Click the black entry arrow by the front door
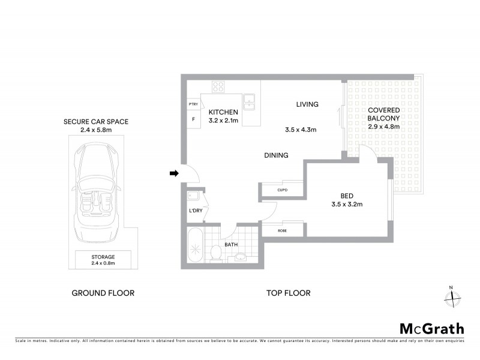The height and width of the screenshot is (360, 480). coord(174,174)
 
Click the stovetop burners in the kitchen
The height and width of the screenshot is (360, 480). coord(218,88)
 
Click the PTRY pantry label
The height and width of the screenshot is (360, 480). coord(193,104)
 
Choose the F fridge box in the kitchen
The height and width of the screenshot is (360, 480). coord(193,119)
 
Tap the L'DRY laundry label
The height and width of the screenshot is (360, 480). coord(195,211)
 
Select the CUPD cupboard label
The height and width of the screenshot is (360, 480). coord(282,190)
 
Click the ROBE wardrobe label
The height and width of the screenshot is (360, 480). coord(281,230)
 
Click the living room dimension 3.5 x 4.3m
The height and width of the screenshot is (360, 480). coord(301,130)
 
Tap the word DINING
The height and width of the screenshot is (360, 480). coord(277,155)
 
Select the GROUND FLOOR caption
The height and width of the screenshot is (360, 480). coord(103,293)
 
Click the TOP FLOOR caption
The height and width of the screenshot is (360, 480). coord(288,293)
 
